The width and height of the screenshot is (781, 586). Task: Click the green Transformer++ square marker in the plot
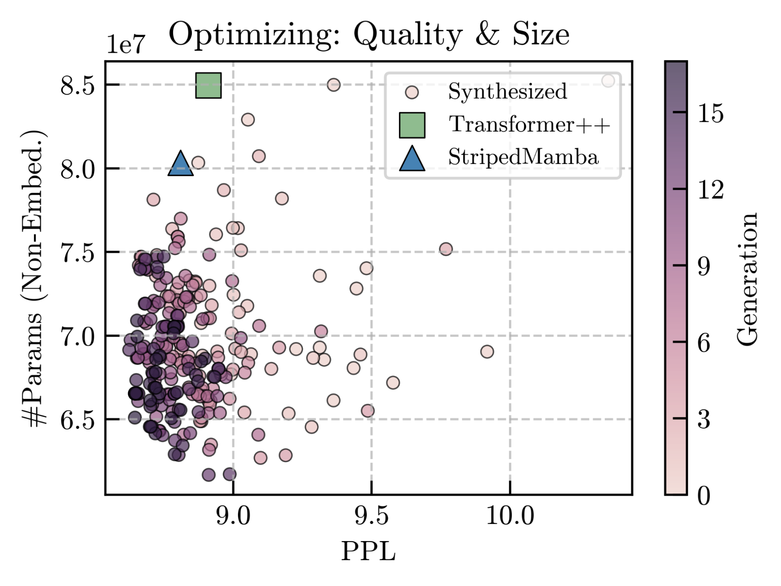[x=208, y=85]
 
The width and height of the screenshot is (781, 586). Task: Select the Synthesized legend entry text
[x=507, y=91]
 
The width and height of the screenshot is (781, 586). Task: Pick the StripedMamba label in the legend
[x=523, y=157]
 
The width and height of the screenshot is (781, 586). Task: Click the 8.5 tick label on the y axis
[x=77, y=85]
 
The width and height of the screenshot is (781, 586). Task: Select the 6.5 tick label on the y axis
[x=77, y=420]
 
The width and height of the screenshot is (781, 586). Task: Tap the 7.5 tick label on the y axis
[x=77, y=253]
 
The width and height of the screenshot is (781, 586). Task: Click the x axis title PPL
[x=368, y=552]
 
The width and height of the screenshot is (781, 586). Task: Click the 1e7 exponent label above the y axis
[x=126, y=44]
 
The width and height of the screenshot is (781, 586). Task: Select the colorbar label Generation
[x=747, y=279]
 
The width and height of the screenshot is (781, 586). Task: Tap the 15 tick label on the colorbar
[x=710, y=113]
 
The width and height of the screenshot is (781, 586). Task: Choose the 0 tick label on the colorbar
[x=704, y=496]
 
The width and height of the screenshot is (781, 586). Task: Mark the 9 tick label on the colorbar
[x=704, y=266]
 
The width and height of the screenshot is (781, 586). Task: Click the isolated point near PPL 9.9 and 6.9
[x=487, y=352]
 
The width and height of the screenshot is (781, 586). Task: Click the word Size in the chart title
[x=540, y=34]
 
